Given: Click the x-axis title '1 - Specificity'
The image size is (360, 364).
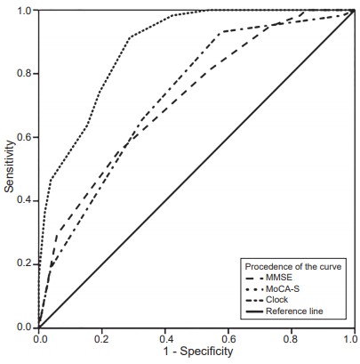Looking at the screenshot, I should pos(196,352).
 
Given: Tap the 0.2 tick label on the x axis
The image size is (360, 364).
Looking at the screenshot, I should pos(102,338).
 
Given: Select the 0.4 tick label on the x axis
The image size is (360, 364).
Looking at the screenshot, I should pos(165,338).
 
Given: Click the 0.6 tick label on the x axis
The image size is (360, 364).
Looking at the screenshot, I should pos(228,338).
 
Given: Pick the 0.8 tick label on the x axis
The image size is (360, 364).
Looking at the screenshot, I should pos(291,338).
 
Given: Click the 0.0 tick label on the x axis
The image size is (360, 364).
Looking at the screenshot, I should pos(39,338).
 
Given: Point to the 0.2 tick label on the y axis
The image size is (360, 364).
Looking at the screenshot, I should pos(25,264).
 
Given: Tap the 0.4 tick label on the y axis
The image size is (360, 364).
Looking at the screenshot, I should pos(25,201).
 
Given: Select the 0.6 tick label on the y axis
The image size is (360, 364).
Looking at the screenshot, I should pos(25,137).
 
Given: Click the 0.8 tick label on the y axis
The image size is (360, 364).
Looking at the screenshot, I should pos(25,74).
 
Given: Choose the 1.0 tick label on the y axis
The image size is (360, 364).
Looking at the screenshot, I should pos(25,11).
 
